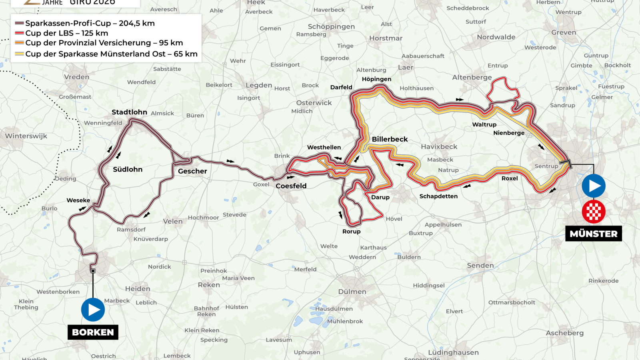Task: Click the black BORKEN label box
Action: click(x=93, y=332)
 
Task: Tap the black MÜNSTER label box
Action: click(x=593, y=234)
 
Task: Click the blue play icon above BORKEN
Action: click(x=93, y=310)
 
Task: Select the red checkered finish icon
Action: click(x=594, y=212)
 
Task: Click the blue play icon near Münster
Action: click(x=594, y=186)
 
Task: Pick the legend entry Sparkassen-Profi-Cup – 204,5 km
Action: click(x=90, y=23)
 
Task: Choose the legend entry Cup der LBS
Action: click(x=66, y=33)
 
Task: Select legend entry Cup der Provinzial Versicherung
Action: click(x=104, y=43)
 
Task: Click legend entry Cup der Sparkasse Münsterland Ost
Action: click(x=111, y=54)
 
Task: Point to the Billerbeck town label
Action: click(x=390, y=139)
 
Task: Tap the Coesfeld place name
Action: click(x=291, y=186)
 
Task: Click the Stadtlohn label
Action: click(x=129, y=112)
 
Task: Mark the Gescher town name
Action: click(x=192, y=171)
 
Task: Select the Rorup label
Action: click(x=351, y=231)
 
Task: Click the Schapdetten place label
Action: click(x=438, y=196)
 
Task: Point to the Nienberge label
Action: click(x=508, y=133)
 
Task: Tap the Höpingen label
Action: click(x=376, y=79)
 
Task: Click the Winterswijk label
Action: click(x=26, y=136)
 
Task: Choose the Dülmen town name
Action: click(x=352, y=292)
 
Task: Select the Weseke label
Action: click(x=78, y=200)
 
